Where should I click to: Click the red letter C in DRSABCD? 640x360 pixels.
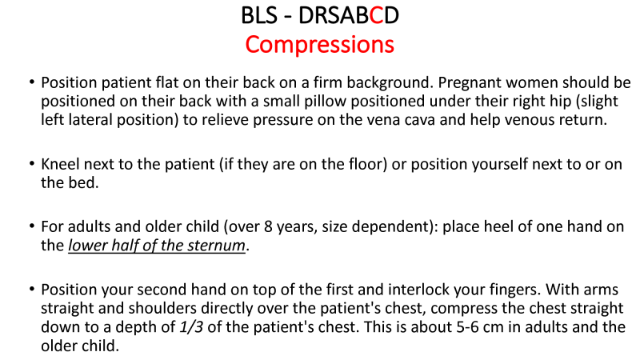tap(376, 15)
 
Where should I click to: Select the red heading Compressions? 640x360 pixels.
tap(319, 45)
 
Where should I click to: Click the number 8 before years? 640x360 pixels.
tap(268, 226)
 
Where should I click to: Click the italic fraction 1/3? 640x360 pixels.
tap(191, 327)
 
